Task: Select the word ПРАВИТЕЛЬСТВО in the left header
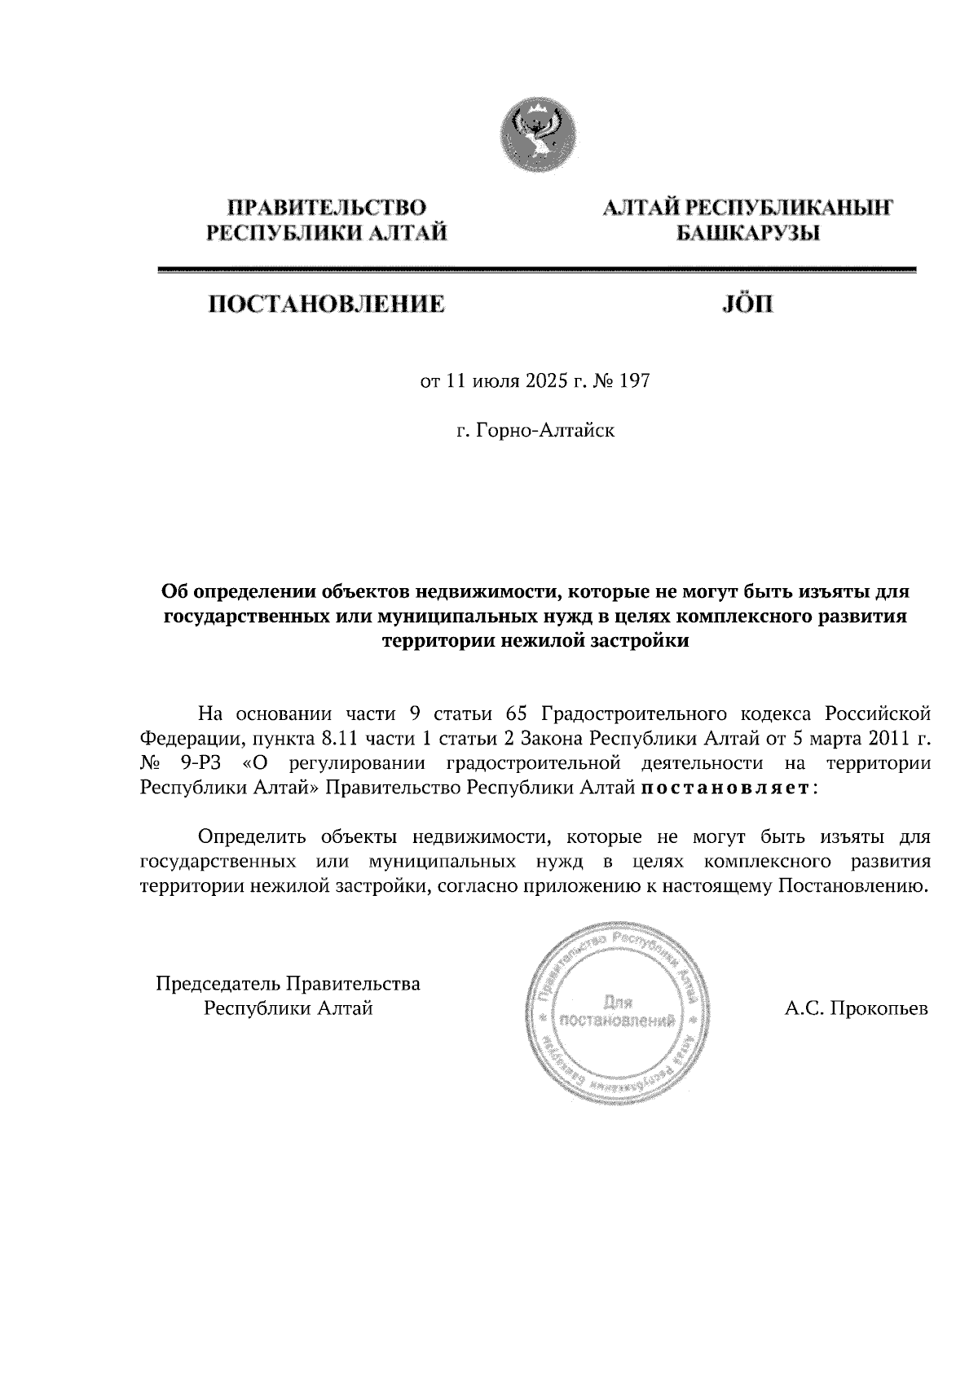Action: [328, 208]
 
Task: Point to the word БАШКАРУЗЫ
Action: [747, 235]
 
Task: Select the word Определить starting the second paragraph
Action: [252, 836]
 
